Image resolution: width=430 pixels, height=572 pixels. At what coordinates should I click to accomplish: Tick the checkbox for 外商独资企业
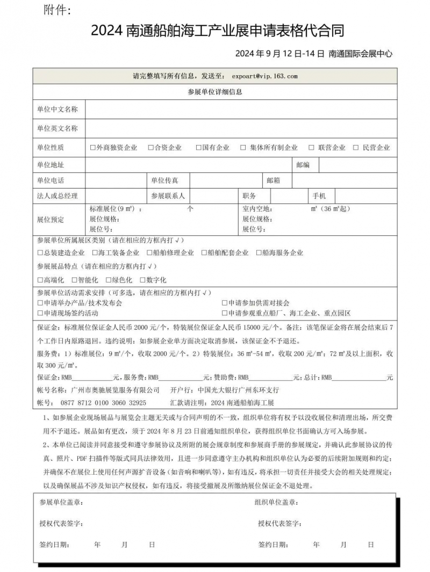point(93,148)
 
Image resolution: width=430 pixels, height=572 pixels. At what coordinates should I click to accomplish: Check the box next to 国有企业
point(198,148)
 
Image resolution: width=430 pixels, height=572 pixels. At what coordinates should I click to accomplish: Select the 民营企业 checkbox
point(356,148)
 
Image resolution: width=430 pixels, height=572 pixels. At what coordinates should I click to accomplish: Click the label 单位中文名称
point(57,110)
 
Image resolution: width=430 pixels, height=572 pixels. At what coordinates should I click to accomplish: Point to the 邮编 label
point(303,165)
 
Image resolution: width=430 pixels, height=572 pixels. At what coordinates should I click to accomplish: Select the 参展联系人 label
point(168,196)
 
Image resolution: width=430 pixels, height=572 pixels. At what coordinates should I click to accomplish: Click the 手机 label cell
point(327,196)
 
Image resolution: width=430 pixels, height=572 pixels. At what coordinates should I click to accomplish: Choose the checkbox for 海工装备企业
point(95,252)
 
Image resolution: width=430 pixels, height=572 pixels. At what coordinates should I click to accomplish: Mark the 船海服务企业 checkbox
point(259,252)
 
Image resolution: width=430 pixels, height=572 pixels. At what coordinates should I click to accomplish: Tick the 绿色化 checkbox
point(108,280)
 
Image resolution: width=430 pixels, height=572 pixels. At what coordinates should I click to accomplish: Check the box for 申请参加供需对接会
point(224,303)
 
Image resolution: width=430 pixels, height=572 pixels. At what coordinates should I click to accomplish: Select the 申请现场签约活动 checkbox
point(40,313)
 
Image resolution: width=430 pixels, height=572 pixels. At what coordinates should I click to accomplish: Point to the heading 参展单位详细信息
point(215,92)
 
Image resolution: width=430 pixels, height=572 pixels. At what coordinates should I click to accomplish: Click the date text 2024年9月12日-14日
point(279,54)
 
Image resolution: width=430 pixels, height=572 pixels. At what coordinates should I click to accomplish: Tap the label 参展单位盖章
point(61,503)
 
